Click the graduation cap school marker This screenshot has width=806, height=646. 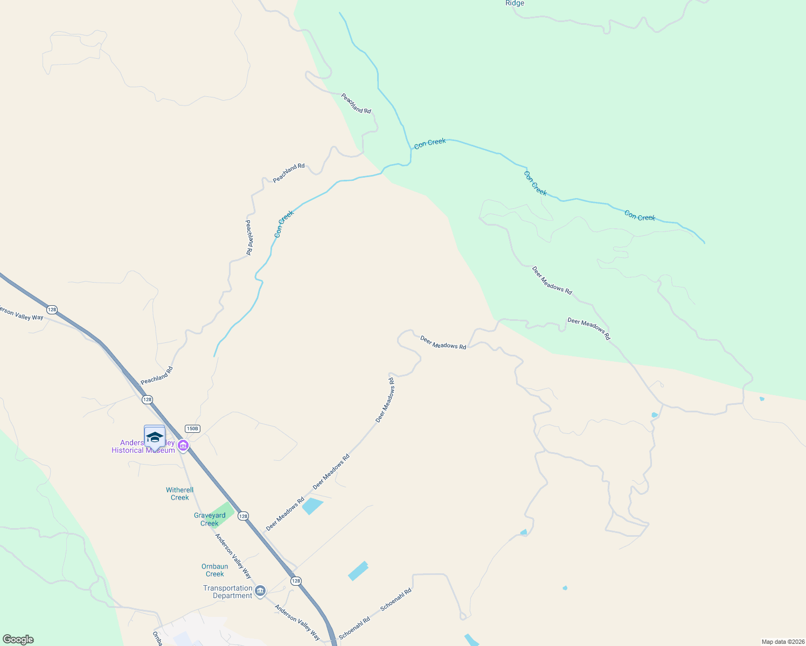(x=155, y=437)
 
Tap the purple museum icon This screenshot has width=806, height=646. (x=183, y=446)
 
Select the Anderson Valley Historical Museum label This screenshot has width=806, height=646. (x=143, y=447)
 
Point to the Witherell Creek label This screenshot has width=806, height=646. (x=179, y=494)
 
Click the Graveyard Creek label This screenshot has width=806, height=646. (x=210, y=519)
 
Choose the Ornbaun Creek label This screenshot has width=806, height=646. (x=214, y=570)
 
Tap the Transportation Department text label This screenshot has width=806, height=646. (x=228, y=592)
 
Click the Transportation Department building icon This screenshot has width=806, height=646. (x=260, y=592)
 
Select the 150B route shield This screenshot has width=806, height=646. (x=192, y=429)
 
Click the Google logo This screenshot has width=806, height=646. (x=18, y=640)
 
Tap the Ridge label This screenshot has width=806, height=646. (x=515, y=3)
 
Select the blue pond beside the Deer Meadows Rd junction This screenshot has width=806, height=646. (x=312, y=505)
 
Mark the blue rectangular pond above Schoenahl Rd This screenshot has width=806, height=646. (x=358, y=571)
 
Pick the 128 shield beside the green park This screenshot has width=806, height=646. (x=243, y=516)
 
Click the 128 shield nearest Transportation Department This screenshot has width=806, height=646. (x=296, y=581)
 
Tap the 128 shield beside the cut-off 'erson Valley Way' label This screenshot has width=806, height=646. (x=52, y=310)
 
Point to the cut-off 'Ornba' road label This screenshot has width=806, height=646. (x=157, y=638)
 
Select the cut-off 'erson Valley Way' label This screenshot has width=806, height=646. (x=22, y=314)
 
